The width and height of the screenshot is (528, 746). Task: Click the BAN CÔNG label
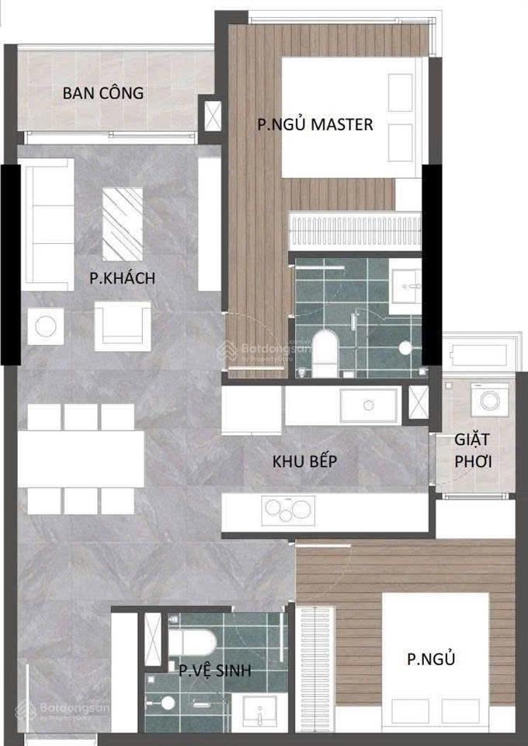coord(103,93)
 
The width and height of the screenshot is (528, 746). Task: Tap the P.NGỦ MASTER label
coord(315,124)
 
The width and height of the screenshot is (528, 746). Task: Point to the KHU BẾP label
coord(304,461)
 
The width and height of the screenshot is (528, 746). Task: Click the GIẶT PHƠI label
coord(474,451)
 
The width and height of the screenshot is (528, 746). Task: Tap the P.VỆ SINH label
coord(214,671)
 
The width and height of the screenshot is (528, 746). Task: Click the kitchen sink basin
coord(369,405)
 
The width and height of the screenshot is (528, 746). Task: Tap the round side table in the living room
coord(46,326)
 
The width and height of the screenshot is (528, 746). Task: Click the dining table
coord(81,458)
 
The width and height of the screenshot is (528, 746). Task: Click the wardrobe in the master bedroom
coord(353,230)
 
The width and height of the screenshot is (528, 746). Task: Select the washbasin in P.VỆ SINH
coord(259,711)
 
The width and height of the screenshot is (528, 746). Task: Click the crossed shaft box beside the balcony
coord(210,115)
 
